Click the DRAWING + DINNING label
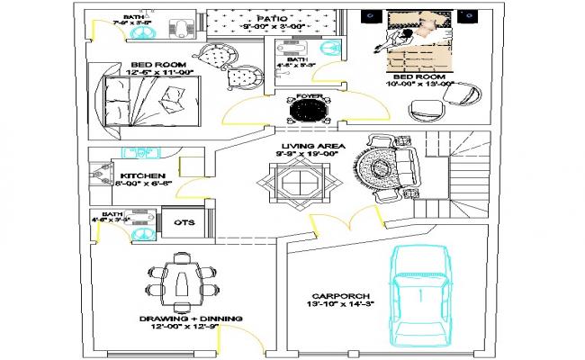click(x=180, y=319)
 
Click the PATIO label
click(x=270, y=18)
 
